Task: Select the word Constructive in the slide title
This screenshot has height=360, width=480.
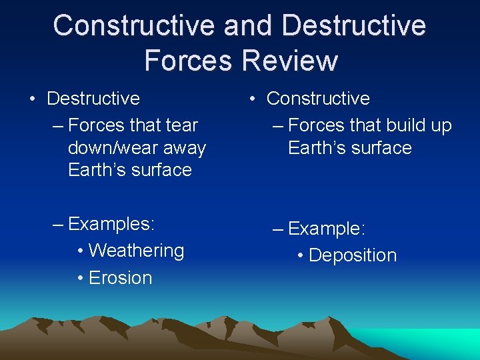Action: pos(135,25)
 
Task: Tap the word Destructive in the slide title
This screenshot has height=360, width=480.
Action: pos(354,25)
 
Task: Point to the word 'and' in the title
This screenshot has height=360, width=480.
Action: pos(248,25)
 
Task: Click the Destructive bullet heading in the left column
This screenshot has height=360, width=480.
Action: pos(93,99)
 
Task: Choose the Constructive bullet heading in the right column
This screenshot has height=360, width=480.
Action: pos(318,99)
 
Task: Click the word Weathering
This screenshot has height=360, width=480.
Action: pos(136,251)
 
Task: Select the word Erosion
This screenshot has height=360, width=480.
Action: pos(120,278)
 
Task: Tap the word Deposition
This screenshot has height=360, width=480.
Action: pos(353,255)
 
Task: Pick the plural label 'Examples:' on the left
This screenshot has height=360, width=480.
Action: pos(111,223)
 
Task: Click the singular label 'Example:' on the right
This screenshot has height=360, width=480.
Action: pos(327,229)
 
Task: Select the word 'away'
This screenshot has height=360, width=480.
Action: pos(183,148)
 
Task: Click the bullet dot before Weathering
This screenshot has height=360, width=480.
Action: pos(80,251)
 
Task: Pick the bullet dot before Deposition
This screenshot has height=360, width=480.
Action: pos(301,256)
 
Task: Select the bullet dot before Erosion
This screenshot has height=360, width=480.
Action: pos(80,279)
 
